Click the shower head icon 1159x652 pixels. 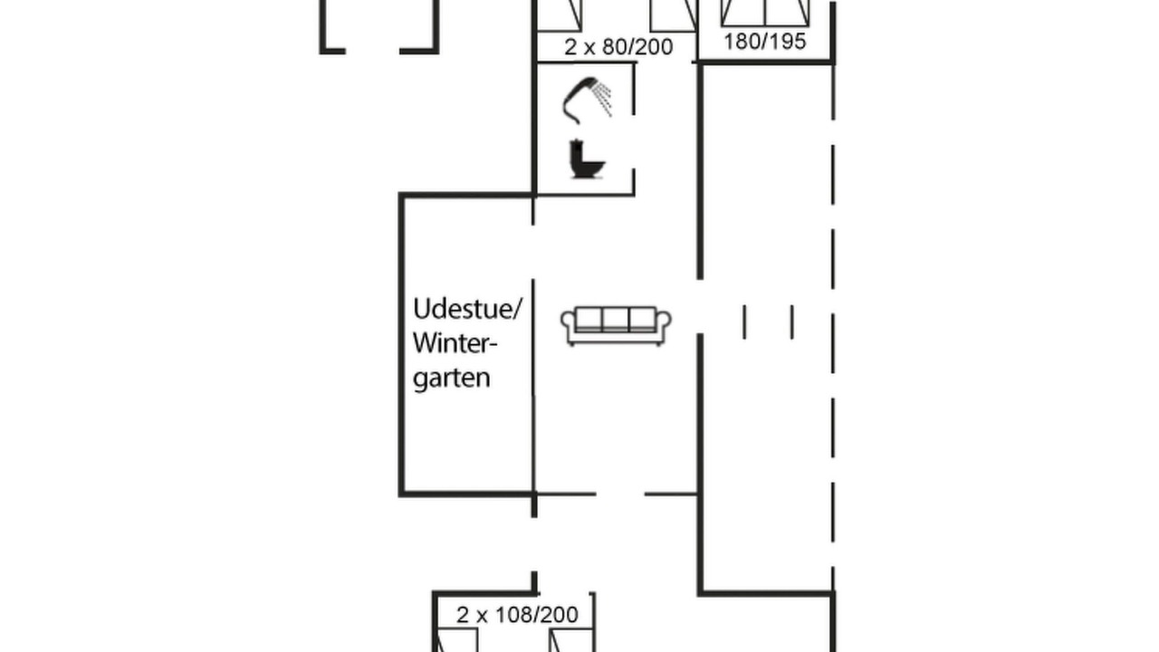(x=588, y=101)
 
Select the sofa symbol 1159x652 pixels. (x=617, y=326)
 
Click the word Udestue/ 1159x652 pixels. (x=468, y=310)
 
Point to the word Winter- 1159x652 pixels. (x=455, y=342)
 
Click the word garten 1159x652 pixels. (x=452, y=379)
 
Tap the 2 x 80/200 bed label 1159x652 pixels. (x=618, y=47)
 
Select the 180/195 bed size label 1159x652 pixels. (x=765, y=42)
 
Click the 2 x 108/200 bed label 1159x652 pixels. (x=517, y=615)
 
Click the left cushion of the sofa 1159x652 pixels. (x=589, y=320)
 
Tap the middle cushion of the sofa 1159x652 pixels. (x=616, y=320)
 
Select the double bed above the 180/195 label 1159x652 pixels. (x=765, y=13)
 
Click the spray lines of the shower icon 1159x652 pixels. (x=603, y=100)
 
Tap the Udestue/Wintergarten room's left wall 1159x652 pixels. (x=401, y=345)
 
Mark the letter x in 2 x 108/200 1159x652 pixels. (x=482, y=617)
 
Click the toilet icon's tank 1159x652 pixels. (x=575, y=150)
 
